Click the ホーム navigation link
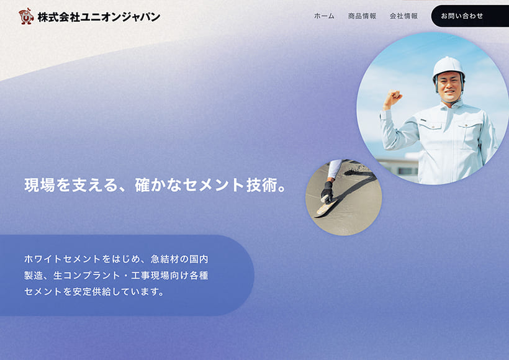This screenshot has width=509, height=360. (324, 16)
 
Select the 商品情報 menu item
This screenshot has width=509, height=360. (362, 16)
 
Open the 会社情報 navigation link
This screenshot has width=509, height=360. (403, 16)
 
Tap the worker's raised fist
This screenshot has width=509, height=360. (393, 98)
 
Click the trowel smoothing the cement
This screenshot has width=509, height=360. (327, 207)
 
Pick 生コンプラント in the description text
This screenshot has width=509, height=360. (86, 275)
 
